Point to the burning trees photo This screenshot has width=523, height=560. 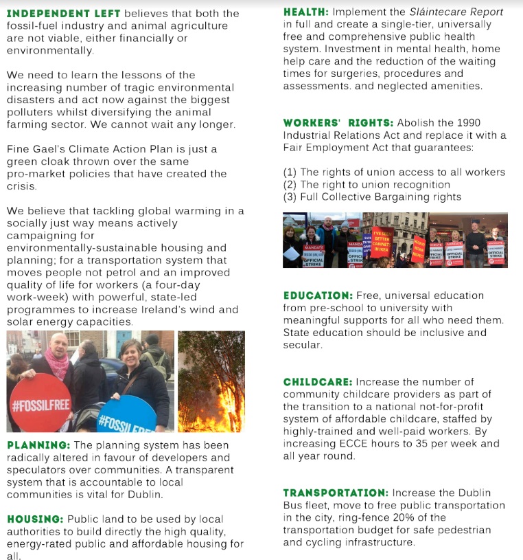click(211, 381)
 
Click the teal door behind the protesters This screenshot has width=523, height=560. click(124, 340)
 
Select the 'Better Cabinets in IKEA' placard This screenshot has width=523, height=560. click(382, 242)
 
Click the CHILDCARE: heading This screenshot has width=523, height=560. click(318, 381)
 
